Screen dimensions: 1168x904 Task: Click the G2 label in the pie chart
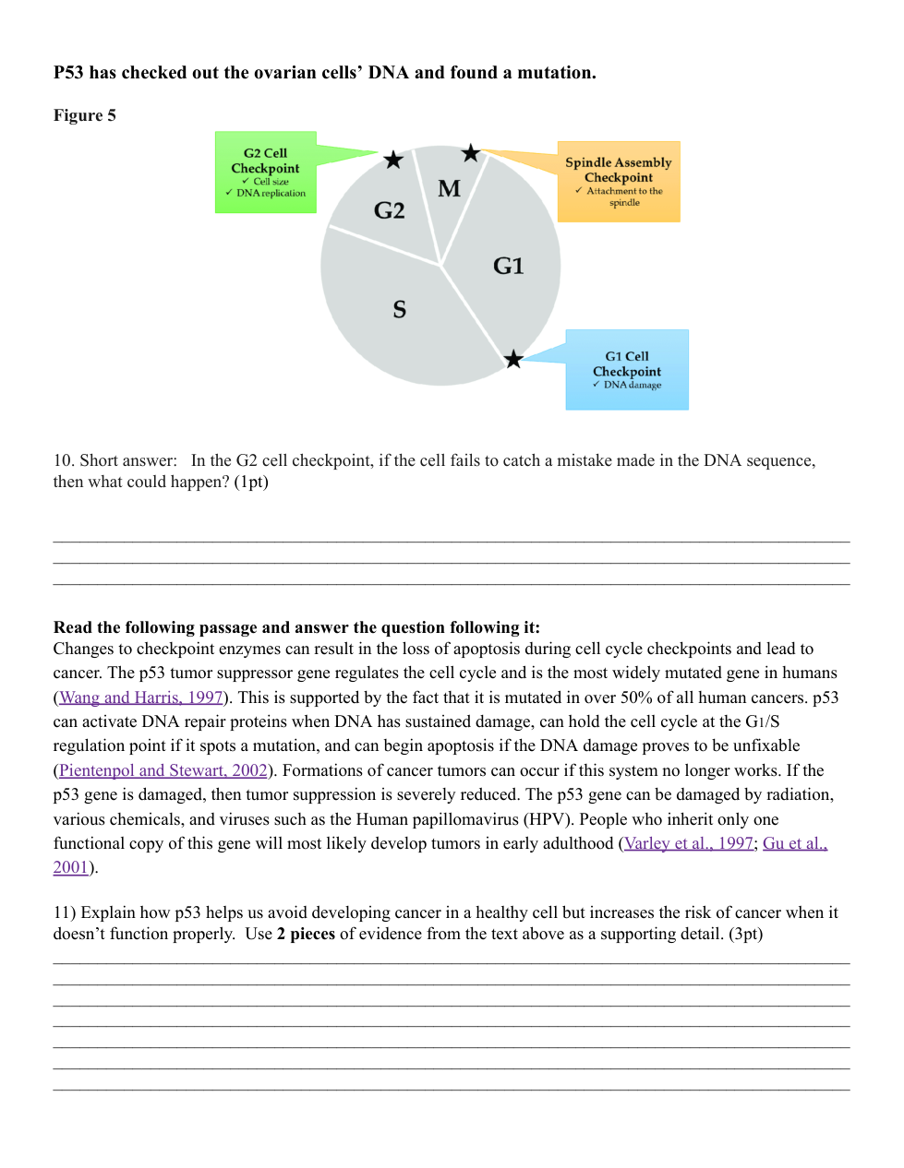[389, 210]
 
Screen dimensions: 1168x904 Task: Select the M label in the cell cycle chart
[449, 188]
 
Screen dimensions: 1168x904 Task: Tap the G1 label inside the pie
[508, 266]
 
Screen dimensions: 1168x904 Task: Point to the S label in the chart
[399, 309]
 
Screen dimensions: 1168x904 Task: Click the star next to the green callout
[393, 160]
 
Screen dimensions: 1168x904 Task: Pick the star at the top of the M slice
[471, 153]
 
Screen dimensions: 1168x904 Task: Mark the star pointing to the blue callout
[513, 359]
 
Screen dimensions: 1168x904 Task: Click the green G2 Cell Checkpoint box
[266, 173]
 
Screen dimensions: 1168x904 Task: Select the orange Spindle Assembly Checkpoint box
[619, 182]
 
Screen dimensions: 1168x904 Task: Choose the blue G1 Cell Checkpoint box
[627, 370]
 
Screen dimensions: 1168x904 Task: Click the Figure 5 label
[85, 115]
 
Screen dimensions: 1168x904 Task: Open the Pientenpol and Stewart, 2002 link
[163, 770]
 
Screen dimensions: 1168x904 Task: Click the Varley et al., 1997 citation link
[689, 843]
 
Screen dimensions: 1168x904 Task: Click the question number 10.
[63, 460]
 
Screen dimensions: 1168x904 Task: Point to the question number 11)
[64, 912]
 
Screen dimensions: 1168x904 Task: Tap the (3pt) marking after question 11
[745, 934]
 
